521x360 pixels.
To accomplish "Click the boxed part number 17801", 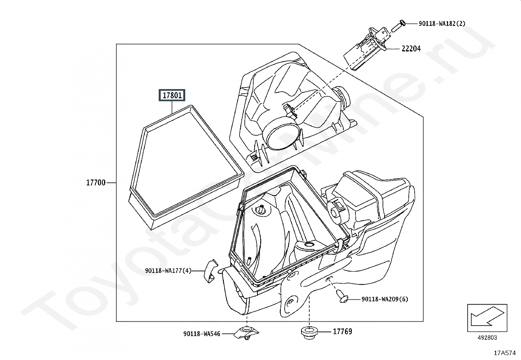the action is pos(172,95).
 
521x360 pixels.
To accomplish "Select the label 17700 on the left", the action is pos(96,183).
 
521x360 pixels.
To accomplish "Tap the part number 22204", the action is pos(411,49).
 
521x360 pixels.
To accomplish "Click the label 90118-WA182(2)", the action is pos(442,24).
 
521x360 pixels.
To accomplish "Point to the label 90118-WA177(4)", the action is pos(168,271).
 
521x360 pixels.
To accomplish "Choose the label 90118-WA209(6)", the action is pos(385,299).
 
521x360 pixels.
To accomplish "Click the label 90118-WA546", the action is pos(202,334).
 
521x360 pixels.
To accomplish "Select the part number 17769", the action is pos(343,332).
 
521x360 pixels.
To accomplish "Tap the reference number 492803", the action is pos(487,338).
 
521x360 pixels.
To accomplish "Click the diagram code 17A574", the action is pos(505,353).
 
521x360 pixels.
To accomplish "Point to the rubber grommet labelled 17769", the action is pos(309,333).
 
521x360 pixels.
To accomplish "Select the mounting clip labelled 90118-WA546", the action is pos(246,333).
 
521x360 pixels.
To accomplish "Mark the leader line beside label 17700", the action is pos(111,183).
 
